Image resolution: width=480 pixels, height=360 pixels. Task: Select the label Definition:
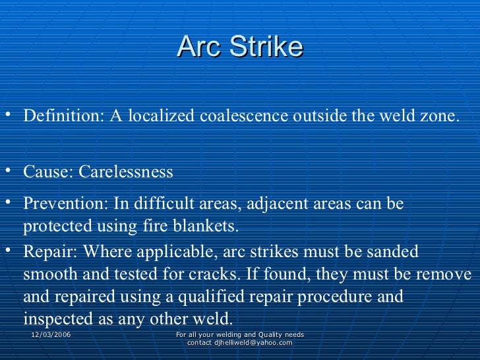61,116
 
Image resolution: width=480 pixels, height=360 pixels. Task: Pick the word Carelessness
126,172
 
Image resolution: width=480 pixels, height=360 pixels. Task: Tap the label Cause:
48,172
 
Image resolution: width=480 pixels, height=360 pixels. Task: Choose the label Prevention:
66,203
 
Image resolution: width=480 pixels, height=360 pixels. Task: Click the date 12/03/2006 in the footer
51,336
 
